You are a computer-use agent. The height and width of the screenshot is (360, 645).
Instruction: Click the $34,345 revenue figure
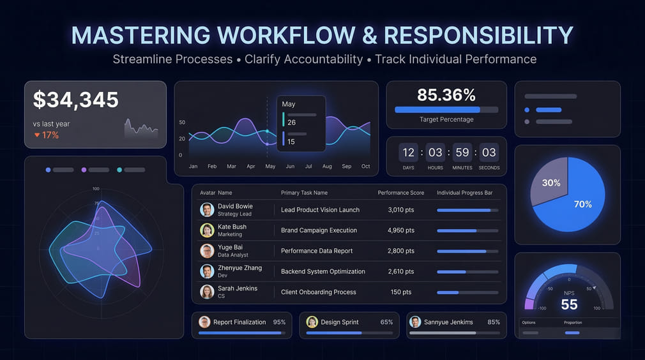(76, 100)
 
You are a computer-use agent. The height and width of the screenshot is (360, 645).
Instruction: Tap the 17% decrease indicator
(47, 135)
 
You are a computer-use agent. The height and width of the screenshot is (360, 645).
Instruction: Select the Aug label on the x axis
(327, 167)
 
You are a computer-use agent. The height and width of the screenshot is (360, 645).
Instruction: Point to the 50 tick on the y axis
(182, 123)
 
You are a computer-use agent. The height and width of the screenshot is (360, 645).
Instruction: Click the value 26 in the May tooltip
(291, 123)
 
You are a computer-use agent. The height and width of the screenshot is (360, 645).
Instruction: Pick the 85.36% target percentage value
(446, 96)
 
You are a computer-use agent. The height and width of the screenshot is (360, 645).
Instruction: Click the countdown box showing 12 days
(409, 153)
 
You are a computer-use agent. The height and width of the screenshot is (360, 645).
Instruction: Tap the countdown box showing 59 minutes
(462, 153)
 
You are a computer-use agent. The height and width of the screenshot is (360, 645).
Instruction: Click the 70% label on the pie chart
(582, 204)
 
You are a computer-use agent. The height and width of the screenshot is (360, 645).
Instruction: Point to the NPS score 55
(569, 304)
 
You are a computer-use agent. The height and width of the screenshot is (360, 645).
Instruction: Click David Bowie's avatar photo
(207, 210)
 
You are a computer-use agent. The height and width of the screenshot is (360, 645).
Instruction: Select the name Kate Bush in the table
(232, 227)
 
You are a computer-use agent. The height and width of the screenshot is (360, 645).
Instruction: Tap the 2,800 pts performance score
(401, 251)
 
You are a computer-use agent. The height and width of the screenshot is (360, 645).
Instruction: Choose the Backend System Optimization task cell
(323, 271)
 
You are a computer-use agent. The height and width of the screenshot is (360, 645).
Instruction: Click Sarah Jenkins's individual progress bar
(467, 292)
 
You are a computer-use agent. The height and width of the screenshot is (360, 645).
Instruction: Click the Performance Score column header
(401, 193)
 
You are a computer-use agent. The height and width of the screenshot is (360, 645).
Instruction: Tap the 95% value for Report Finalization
(279, 322)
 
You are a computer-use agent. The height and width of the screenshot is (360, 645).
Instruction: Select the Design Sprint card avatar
(312, 322)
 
